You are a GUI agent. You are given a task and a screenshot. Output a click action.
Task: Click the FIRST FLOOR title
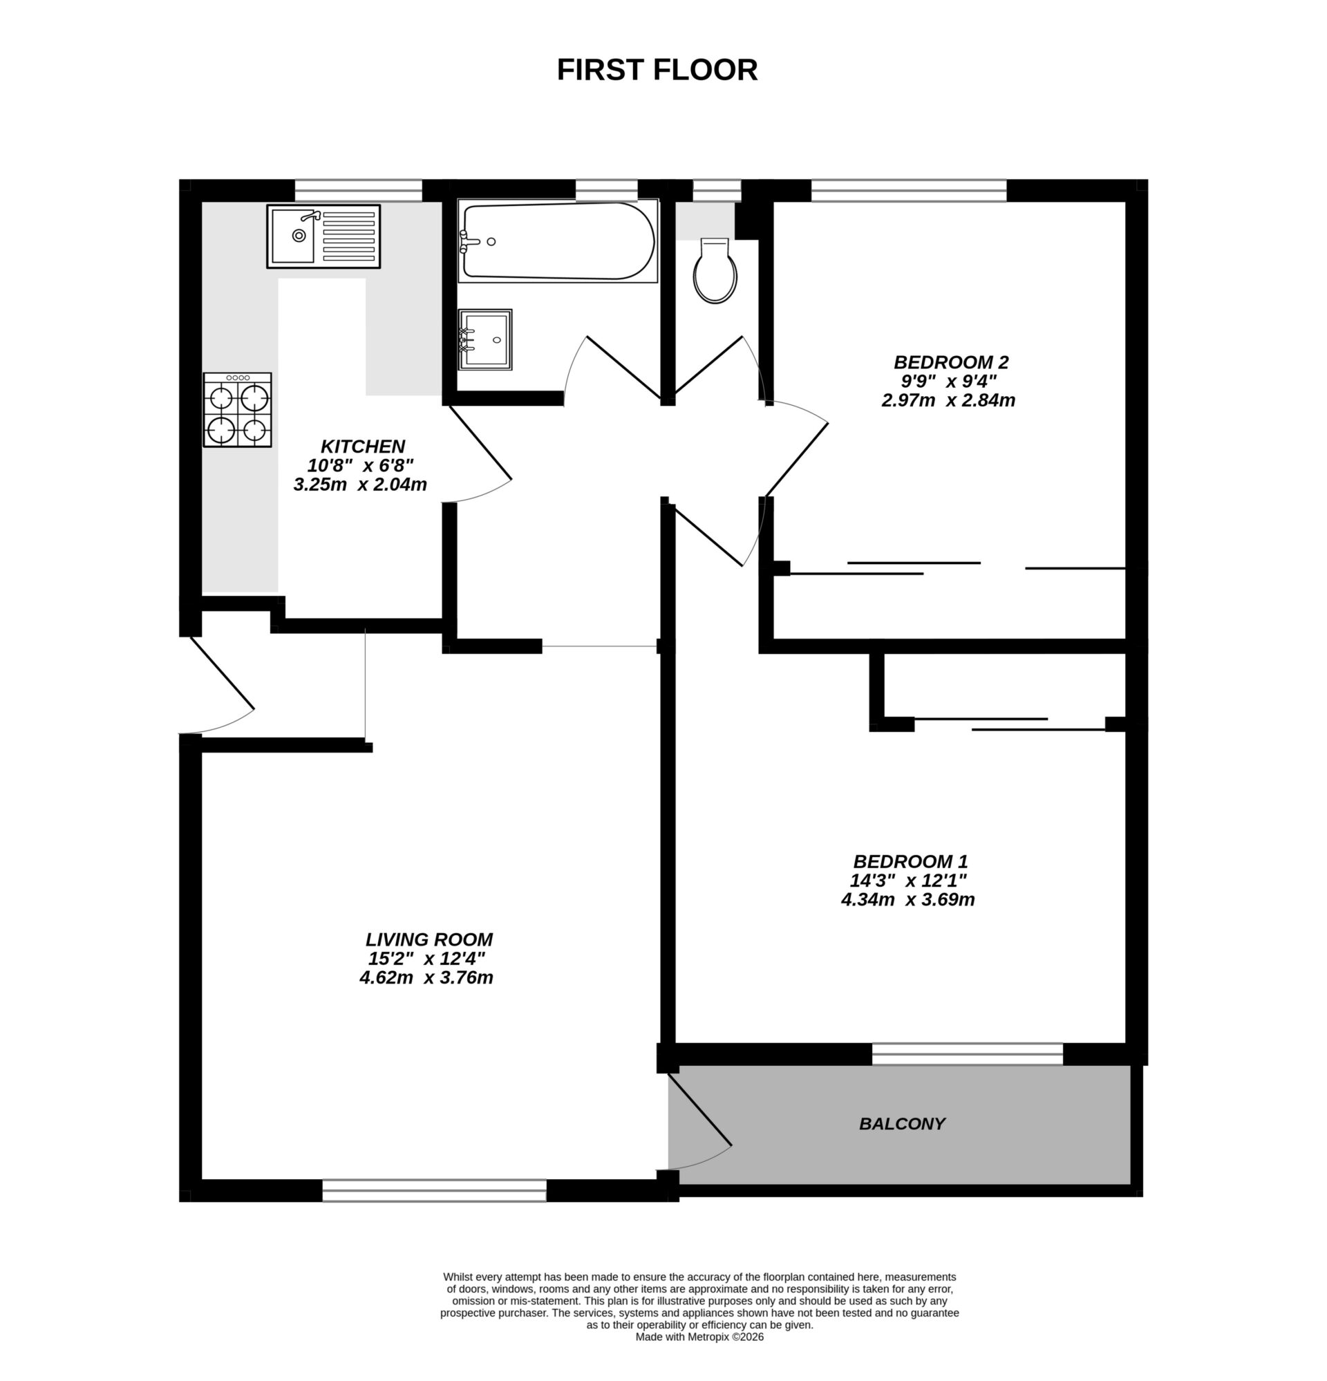[x=656, y=70]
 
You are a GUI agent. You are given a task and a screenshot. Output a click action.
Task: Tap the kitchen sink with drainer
[x=323, y=236]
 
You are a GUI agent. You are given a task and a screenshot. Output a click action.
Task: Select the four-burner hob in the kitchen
[x=238, y=410]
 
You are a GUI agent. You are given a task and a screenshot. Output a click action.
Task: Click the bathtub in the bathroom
[x=558, y=242]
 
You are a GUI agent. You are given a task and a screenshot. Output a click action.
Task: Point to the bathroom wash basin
[x=485, y=339]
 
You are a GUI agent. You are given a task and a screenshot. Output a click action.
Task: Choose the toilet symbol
[x=715, y=272]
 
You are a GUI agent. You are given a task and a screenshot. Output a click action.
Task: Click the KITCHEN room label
[x=362, y=446]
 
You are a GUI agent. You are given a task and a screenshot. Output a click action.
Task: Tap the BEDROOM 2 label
[x=951, y=362]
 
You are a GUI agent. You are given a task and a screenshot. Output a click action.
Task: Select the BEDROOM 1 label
[x=910, y=861]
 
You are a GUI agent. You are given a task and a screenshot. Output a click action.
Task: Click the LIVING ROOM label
[x=429, y=939]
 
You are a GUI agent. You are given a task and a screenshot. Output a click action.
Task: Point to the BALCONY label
[x=901, y=1124]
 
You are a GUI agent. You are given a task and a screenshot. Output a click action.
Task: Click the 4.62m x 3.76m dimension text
[x=426, y=977]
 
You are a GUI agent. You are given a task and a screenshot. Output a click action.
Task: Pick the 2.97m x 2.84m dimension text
[x=948, y=400]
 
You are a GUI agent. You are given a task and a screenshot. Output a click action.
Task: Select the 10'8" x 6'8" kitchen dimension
[x=360, y=465]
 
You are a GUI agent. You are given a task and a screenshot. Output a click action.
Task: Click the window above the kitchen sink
[x=358, y=190]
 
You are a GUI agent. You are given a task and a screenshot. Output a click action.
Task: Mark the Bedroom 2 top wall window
[x=908, y=190]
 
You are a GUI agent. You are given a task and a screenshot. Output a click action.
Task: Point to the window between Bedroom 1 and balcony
[x=967, y=1053]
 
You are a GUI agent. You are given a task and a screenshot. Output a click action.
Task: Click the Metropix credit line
[x=699, y=1337]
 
